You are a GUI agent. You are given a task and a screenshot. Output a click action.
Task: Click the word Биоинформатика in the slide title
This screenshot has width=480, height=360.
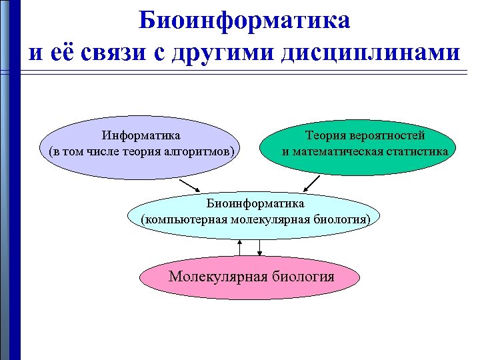click(x=245, y=21)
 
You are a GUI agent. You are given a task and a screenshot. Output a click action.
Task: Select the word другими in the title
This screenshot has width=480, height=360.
click(x=220, y=52)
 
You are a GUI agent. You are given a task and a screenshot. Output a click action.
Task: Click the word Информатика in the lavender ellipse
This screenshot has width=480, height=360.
click(x=141, y=136)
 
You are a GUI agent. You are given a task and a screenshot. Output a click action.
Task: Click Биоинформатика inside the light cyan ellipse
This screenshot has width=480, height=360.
click(x=255, y=203)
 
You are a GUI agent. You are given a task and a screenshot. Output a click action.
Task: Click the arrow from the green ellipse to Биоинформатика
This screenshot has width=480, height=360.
click(x=311, y=183)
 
